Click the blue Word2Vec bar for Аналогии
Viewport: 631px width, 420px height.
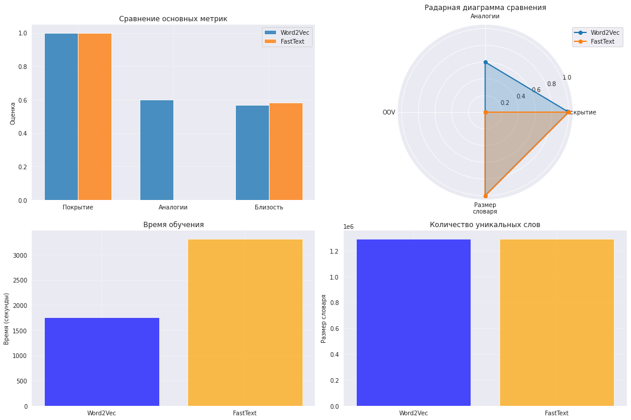[x=157, y=150]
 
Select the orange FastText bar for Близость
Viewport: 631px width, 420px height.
[x=286, y=152]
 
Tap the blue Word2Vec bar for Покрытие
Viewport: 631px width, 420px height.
[x=61, y=117]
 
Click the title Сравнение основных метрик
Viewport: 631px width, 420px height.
[x=173, y=19]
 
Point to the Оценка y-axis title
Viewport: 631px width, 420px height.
[x=13, y=113]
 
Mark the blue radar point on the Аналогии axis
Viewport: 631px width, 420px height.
[x=485, y=62]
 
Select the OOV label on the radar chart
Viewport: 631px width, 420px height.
[x=389, y=112]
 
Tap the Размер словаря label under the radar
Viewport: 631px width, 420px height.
[x=485, y=208]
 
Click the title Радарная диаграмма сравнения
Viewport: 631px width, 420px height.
[x=485, y=8]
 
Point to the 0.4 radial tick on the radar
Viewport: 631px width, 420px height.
[x=521, y=97]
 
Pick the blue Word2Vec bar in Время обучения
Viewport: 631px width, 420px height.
[x=101, y=362]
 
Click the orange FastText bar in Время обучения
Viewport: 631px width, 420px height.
[x=245, y=323]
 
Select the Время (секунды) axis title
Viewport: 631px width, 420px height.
[x=7, y=319]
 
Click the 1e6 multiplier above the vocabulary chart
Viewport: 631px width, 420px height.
[x=349, y=227]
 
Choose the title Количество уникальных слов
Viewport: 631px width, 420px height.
[x=485, y=225]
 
